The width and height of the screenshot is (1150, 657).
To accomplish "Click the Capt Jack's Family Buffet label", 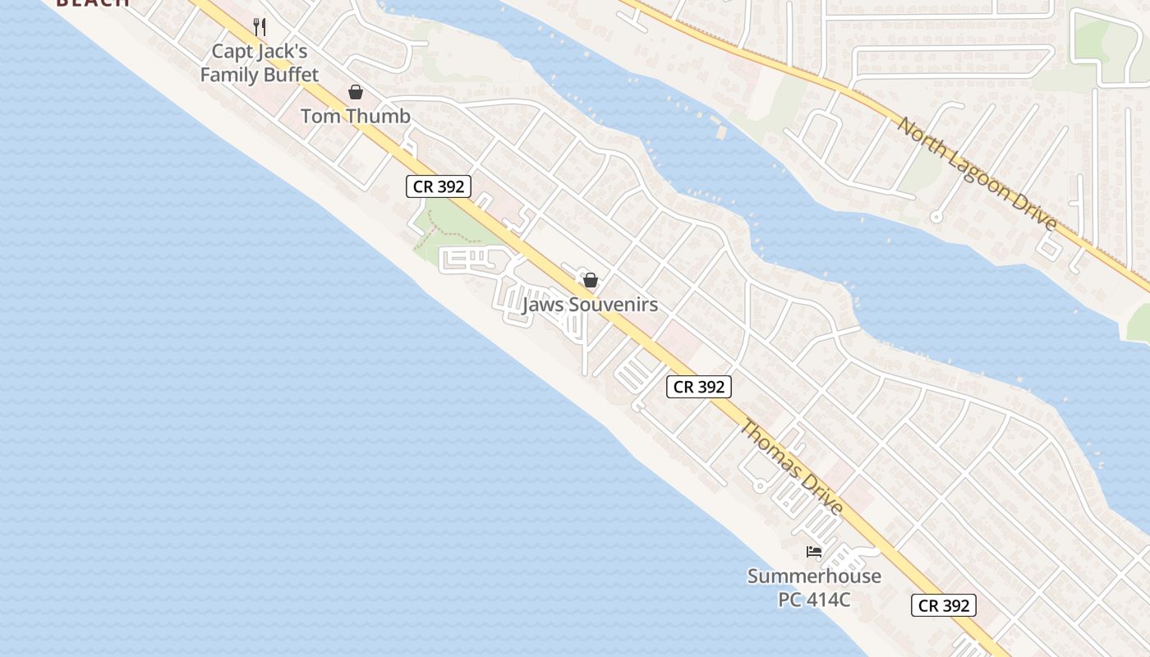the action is click(259, 63).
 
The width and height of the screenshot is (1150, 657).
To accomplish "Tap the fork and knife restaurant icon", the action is click(260, 27).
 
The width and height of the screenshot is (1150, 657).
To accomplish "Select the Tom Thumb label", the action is click(355, 116).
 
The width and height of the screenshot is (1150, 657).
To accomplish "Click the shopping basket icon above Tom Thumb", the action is click(356, 92).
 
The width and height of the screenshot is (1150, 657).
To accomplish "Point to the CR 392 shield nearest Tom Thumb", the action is click(439, 186).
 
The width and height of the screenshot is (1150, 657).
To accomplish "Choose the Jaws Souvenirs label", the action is click(590, 305).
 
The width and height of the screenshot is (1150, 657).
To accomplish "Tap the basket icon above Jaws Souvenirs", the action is click(590, 280).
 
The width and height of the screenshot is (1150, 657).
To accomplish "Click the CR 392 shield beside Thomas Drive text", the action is click(698, 386).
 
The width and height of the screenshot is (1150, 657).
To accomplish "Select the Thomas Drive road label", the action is click(792, 467).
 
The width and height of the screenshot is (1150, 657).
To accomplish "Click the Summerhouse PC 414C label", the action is click(814, 587).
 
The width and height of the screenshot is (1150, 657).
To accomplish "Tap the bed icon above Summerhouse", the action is click(814, 552).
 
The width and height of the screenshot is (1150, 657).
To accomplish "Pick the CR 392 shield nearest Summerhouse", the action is click(944, 605).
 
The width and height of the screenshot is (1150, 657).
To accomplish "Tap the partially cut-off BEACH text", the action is click(93, 2).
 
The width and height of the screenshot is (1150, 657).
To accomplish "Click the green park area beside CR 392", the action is click(452, 222).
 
